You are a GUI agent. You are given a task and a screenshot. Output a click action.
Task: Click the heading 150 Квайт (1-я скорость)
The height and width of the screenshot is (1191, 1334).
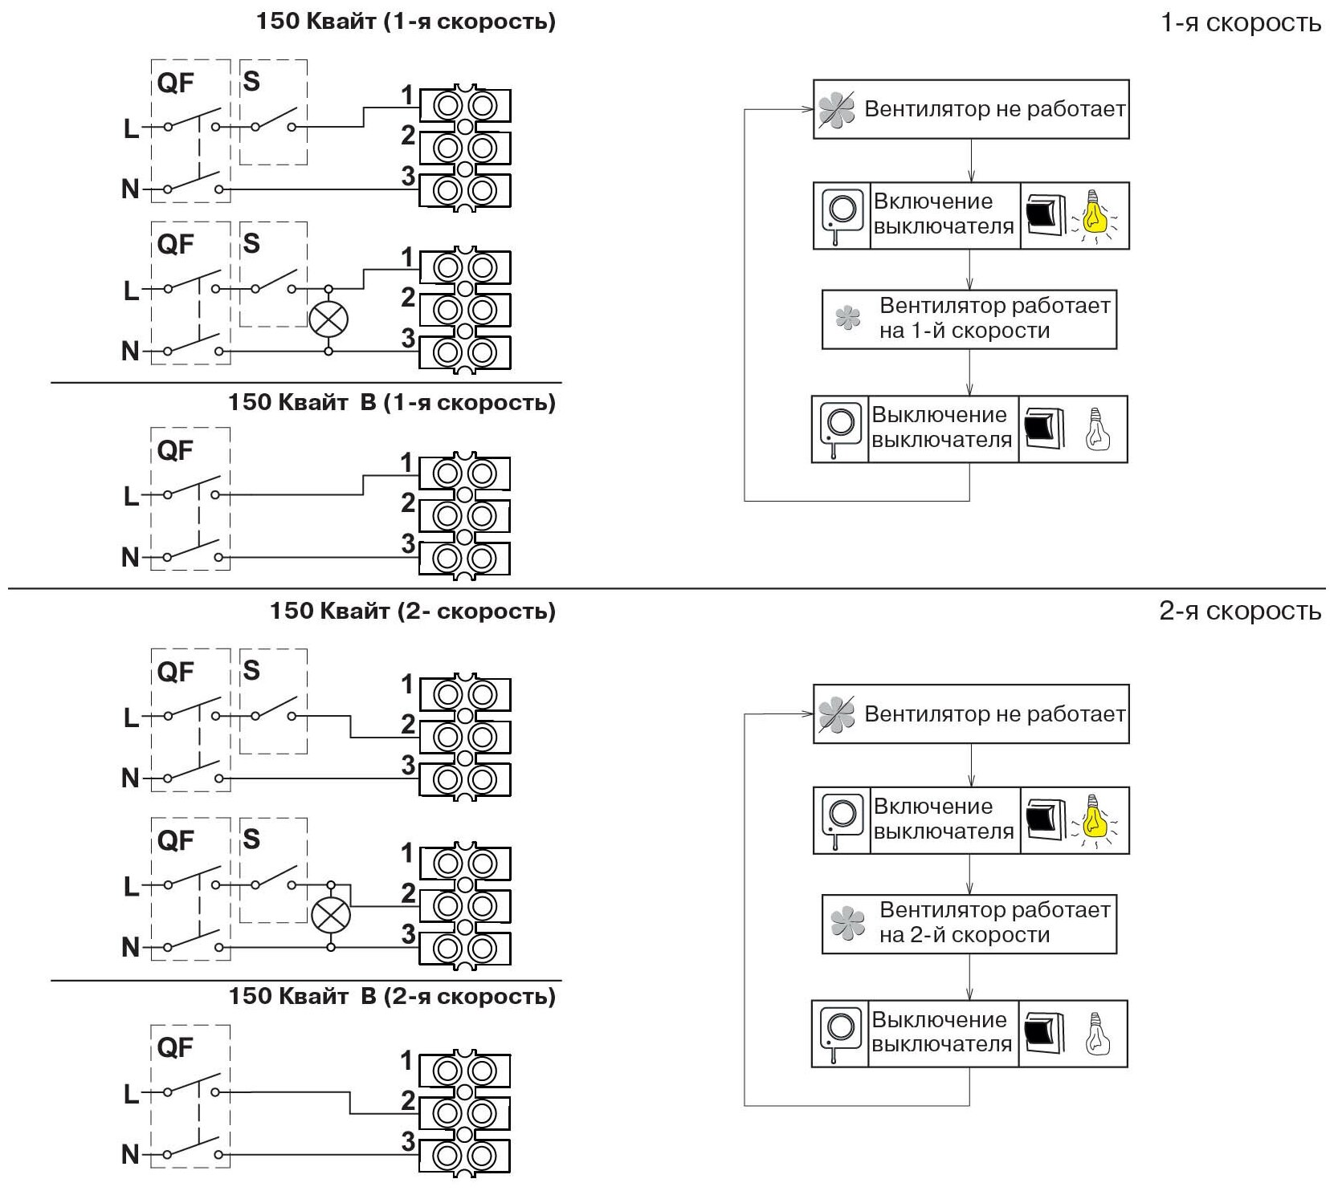pos(406,21)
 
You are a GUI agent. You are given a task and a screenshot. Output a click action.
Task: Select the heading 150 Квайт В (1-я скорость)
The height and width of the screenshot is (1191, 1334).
pos(392,402)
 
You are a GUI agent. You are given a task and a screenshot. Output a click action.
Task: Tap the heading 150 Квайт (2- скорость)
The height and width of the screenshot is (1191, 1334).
pos(413,612)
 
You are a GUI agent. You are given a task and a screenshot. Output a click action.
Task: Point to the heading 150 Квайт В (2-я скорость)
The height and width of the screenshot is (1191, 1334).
pos(392,997)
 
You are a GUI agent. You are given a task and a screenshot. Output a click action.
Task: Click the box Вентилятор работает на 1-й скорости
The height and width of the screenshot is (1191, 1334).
pos(969,319)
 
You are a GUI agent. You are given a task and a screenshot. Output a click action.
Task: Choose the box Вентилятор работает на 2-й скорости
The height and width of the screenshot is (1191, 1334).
pos(969,924)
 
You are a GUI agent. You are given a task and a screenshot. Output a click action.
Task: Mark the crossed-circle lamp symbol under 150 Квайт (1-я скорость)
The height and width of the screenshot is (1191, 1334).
pos(328,319)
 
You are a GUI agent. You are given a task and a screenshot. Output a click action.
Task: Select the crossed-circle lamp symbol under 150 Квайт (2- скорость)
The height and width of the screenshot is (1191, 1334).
pos(331,914)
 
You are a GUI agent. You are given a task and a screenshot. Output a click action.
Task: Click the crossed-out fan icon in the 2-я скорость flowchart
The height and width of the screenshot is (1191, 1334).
pos(837,713)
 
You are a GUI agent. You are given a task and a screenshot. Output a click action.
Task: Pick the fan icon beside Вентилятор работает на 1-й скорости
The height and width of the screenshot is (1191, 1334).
pos(847,318)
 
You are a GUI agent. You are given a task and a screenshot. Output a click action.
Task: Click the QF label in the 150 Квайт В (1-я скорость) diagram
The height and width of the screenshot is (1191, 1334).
pos(175,451)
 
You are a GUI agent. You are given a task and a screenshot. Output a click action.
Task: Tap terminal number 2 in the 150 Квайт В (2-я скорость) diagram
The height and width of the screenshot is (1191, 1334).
pos(409,1100)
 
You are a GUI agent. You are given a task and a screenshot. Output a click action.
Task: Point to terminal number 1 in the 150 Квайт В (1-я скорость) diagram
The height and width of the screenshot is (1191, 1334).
pos(407,463)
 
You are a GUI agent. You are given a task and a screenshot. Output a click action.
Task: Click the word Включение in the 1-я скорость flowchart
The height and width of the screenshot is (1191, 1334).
pos(933,201)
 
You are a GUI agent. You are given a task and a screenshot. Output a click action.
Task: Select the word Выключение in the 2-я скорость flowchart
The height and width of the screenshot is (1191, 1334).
pos(939,1020)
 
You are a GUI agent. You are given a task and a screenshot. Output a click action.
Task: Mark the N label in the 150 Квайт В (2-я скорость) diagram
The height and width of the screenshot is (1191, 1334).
pos(130,1155)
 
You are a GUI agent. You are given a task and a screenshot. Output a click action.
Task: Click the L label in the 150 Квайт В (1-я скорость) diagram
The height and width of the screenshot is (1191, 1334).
pos(131,497)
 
